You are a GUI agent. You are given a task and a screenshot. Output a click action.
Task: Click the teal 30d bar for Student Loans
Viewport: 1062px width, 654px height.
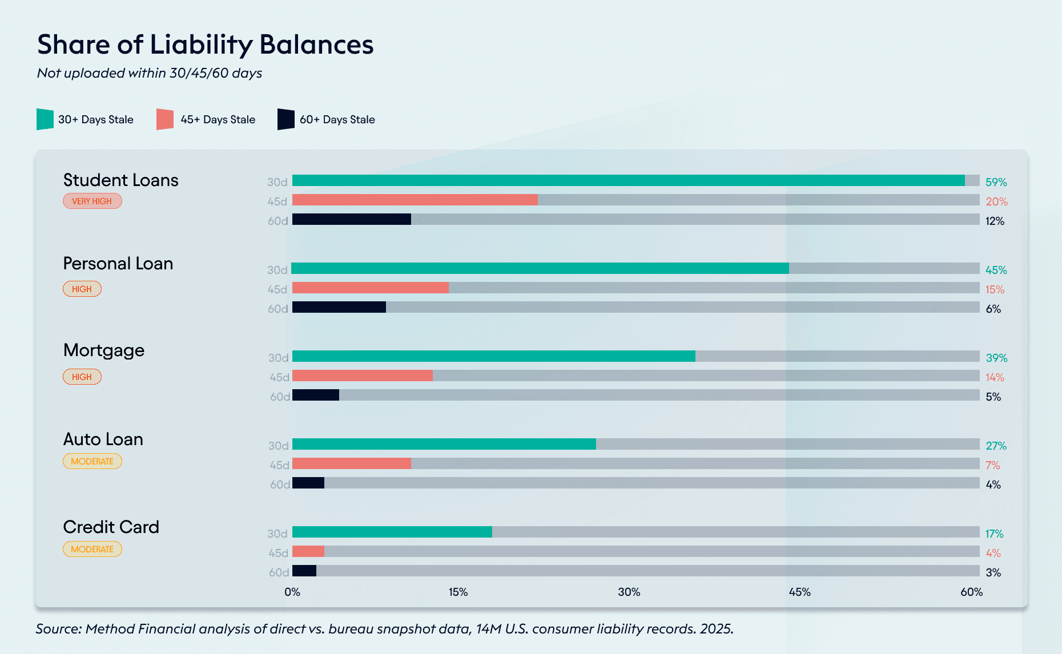[628, 180]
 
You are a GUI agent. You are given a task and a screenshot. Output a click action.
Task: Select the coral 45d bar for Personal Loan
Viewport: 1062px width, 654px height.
[370, 288]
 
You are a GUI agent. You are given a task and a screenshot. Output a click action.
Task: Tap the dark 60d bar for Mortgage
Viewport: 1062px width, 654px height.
[316, 395]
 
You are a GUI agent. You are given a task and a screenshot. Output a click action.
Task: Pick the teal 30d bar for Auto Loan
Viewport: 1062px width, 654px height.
[444, 444]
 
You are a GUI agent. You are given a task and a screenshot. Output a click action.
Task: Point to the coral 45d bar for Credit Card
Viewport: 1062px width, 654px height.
[308, 551]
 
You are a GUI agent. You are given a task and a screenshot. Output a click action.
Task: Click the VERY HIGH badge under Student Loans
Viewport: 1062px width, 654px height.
[92, 201]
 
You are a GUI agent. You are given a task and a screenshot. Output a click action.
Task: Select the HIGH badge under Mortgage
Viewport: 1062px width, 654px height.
[82, 377]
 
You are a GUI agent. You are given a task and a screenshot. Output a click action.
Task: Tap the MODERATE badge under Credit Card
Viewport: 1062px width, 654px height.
[92, 549]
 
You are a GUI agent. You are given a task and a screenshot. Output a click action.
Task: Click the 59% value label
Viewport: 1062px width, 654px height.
[996, 182]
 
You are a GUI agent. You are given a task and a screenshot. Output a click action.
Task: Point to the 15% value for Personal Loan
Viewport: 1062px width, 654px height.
[995, 289]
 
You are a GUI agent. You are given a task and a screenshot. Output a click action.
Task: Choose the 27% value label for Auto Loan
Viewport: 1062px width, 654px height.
[996, 446]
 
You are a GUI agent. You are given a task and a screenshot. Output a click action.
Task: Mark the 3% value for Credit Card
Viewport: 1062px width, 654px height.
[993, 572]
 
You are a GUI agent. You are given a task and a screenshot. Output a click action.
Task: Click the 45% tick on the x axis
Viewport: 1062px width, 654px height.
[799, 592]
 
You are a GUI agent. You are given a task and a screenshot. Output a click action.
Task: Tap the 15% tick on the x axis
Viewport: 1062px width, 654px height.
[458, 592]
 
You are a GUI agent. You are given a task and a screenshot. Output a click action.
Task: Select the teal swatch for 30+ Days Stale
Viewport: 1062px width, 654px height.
[45, 119]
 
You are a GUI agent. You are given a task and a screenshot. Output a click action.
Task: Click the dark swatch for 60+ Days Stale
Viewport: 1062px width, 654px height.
[285, 119]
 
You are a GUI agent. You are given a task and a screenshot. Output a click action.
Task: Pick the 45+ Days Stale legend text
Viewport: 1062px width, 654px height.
[218, 119]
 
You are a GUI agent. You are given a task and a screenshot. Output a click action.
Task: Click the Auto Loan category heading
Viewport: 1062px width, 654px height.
[103, 439]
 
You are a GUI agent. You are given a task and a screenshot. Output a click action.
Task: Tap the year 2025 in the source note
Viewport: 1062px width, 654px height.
[716, 628]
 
